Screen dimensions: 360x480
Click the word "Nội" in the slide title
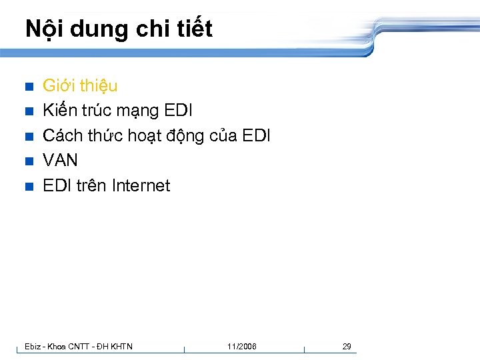tap(42, 29)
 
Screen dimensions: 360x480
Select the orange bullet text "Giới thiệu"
tap(80, 85)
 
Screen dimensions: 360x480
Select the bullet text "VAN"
tap(60, 161)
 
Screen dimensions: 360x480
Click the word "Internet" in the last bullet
tap(141, 185)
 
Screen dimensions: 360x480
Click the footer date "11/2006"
tap(241, 347)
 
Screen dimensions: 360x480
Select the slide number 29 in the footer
tap(347, 347)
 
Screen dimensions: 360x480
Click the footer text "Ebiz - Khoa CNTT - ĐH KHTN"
tap(78, 347)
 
